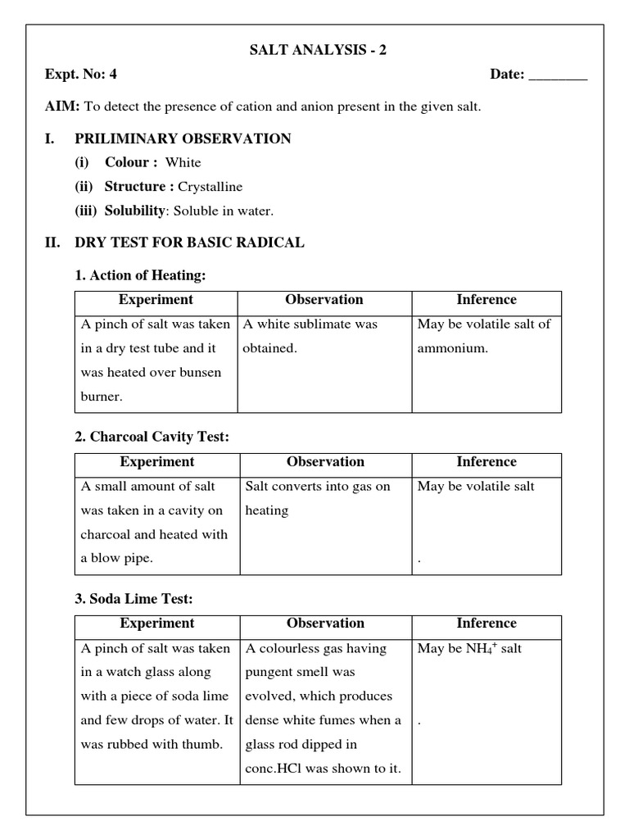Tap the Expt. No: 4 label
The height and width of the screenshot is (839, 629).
[81, 75]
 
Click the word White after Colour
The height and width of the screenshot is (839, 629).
[183, 162]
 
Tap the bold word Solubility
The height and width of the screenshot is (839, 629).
[134, 211]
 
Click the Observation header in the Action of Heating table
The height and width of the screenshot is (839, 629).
[324, 300]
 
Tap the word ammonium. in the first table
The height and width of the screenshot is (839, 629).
[452, 348]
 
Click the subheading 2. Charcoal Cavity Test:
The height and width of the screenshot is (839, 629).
[152, 438]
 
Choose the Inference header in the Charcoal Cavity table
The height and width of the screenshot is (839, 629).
[486, 462]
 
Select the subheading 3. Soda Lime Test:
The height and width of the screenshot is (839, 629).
[134, 600]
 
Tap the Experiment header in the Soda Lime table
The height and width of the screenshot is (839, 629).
[156, 624]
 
